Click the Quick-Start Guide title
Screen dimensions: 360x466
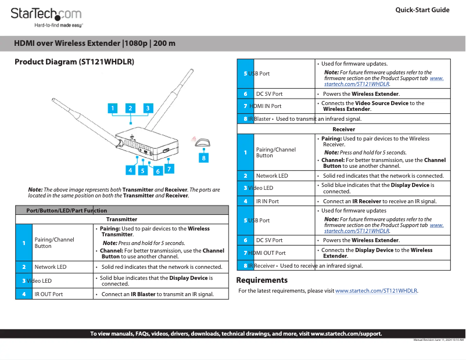[422, 10]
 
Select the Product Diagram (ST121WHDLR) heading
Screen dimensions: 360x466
[74, 62]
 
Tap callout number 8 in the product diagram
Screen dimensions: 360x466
[203, 157]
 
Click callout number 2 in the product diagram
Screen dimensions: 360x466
[131, 108]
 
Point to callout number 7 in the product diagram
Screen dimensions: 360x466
[169, 169]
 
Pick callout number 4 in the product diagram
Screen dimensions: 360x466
[131, 170]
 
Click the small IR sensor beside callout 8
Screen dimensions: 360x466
[202, 143]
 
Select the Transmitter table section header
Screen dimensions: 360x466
[121, 219]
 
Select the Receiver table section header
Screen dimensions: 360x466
[343, 129]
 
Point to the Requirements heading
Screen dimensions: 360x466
[261, 280]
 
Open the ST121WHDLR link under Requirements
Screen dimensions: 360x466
[377, 290]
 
